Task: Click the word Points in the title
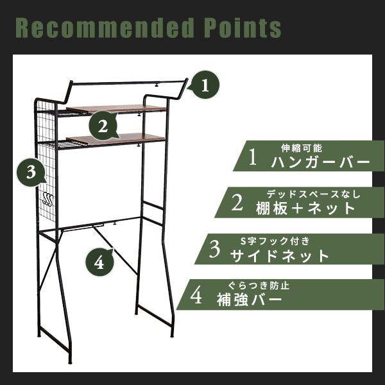(243, 28)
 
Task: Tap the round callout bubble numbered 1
(204, 85)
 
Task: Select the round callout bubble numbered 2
(103, 126)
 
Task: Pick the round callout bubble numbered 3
(31, 172)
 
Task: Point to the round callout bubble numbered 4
(99, 262)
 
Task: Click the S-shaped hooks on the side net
(47, 199)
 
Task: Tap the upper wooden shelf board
(116, 108)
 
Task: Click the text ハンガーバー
(320, 162)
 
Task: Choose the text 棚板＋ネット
(305, 209)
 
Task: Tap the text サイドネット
(280, 256)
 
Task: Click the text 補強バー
(249, 299)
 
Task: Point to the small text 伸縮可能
(302, 148)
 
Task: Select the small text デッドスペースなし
(314, 194)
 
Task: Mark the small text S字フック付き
(275, 241)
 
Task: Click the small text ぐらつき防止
(259, 286)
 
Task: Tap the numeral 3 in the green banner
(214, 249)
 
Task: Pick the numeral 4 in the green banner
(196, 296)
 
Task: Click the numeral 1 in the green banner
(253, 157)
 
